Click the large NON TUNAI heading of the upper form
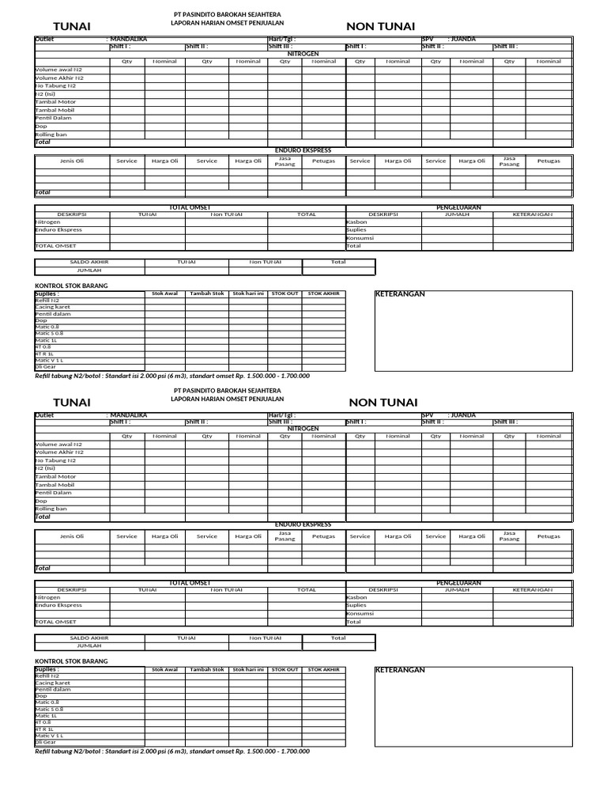coord(380,28)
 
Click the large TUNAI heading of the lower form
coord(71,403)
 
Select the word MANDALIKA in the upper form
coord(129,39)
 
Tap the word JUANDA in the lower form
coord(462,414)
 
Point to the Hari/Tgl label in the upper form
coord(282,39)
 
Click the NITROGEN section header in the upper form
coord(303,54)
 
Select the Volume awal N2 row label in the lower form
coord(58,445)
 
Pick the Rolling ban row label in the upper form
coord(51,134)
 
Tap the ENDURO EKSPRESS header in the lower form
coord(303,524)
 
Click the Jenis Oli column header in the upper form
coord(72,161)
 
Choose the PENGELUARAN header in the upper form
coord(459,207)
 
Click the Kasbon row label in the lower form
coord(357,597)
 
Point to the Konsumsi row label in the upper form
coord(360,238)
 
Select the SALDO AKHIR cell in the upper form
coord(89,262)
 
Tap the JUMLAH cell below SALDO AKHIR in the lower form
coord(89,645)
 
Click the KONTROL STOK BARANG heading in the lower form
coord(72,660)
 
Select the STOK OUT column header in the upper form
coord(285,293)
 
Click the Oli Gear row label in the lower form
coord(46,742)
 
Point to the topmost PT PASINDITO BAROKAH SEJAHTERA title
coord(227,15)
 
